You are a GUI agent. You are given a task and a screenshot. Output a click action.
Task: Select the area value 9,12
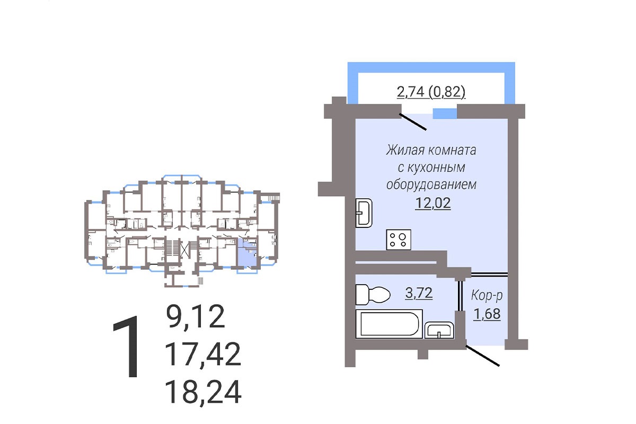click(196, 316)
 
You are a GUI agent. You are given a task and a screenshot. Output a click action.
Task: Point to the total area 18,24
click(202, 392)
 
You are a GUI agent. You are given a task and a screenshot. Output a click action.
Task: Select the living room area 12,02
click(432, 203)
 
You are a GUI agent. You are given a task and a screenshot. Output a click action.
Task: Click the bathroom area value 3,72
click(419, 293)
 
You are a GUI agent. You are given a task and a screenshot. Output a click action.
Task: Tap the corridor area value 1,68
click(487, 314)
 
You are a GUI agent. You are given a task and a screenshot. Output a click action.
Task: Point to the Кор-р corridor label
click(487, 296)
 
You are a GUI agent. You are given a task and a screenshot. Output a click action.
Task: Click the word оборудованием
click(431, 185)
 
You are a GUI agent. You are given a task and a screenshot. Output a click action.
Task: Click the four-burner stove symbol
click(399, 240)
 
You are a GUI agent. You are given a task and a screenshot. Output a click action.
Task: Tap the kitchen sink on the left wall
click(364, 213)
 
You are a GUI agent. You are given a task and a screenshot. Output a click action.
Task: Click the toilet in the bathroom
click(373, 295)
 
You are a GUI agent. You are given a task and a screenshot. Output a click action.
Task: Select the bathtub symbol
click(389, 324)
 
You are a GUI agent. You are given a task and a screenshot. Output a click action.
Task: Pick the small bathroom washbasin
click(439, 330)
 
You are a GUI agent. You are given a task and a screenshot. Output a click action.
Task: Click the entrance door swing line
click(482, 356)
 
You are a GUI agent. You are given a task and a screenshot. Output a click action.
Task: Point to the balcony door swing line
click(413, 122)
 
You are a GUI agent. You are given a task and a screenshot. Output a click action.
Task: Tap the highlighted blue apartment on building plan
click(246, 253)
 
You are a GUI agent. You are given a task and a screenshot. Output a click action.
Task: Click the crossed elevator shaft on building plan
click(185, 249)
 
